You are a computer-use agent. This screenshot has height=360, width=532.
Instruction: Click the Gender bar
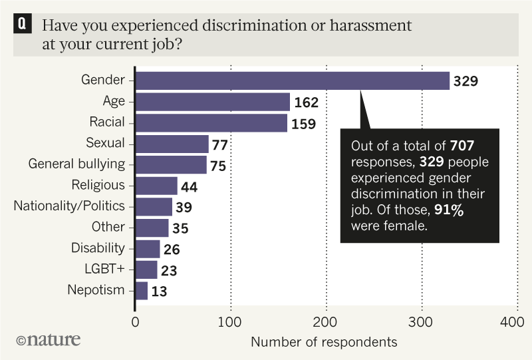pyautogui.click(x=293, y=81)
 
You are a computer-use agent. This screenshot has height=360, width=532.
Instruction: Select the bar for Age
pyautogui.click(x=213, y=102)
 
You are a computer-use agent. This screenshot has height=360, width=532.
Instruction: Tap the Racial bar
pyautogui.click(x=211, y=123)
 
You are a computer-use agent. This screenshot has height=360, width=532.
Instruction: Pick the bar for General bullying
pyautogui.click(x=172, y=164)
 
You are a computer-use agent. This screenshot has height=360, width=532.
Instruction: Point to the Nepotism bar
pyautogui.click(x=142, y=290)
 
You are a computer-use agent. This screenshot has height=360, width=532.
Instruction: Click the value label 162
pyautogui.click(x=306, y=103)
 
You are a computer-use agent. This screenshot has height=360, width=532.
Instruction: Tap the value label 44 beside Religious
pyautogui.click(x=192, y=186)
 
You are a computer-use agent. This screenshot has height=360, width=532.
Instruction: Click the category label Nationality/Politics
pyautogui.click(x=69, y=206)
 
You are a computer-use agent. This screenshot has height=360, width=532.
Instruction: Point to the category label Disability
pyautogui.click(x=98, y=248)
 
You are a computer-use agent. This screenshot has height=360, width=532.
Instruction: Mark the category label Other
pyautogui.click(x=108, y=227)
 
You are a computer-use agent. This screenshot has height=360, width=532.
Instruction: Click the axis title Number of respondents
pyautogui.click(x=324, y=342)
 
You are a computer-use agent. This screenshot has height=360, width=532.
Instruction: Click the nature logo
pyautogui.click(x=47, y=340)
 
